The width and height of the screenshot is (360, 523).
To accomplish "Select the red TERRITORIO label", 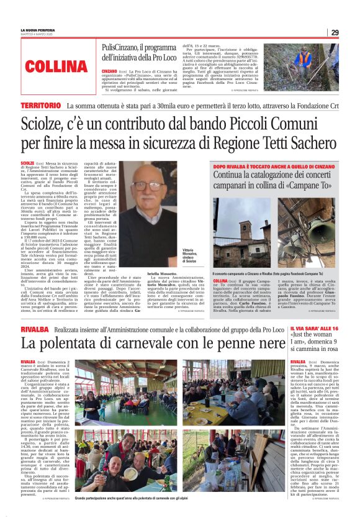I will (x=44, y=107).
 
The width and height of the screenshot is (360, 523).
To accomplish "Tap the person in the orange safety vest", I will (x=305, y=60).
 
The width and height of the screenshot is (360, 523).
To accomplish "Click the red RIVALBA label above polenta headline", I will (x=35, y=329).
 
